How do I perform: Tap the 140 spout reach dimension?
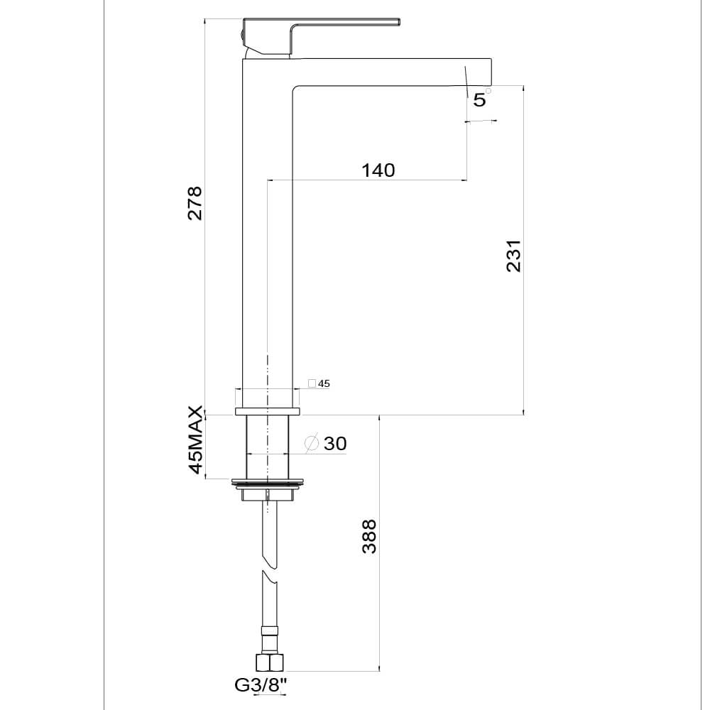pyautogui.click(x=378, y=170)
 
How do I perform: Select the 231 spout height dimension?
pyautogui.click(x=514, y=256)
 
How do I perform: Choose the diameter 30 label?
pyautogui.click(x=334, y=444)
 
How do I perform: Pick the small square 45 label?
pyautogui.click(x=324, y=383)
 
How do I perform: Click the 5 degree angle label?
pyautogui.click(x=480, y=100)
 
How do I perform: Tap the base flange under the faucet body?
pyautogui.click(x=267, y=411)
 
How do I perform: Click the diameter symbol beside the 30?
pyautogui.click(x=311, y=444)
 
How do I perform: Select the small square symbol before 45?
pyautogui.click(x=312, y=383)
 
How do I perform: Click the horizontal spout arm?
pyautogui.click(x=383, y=71)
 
